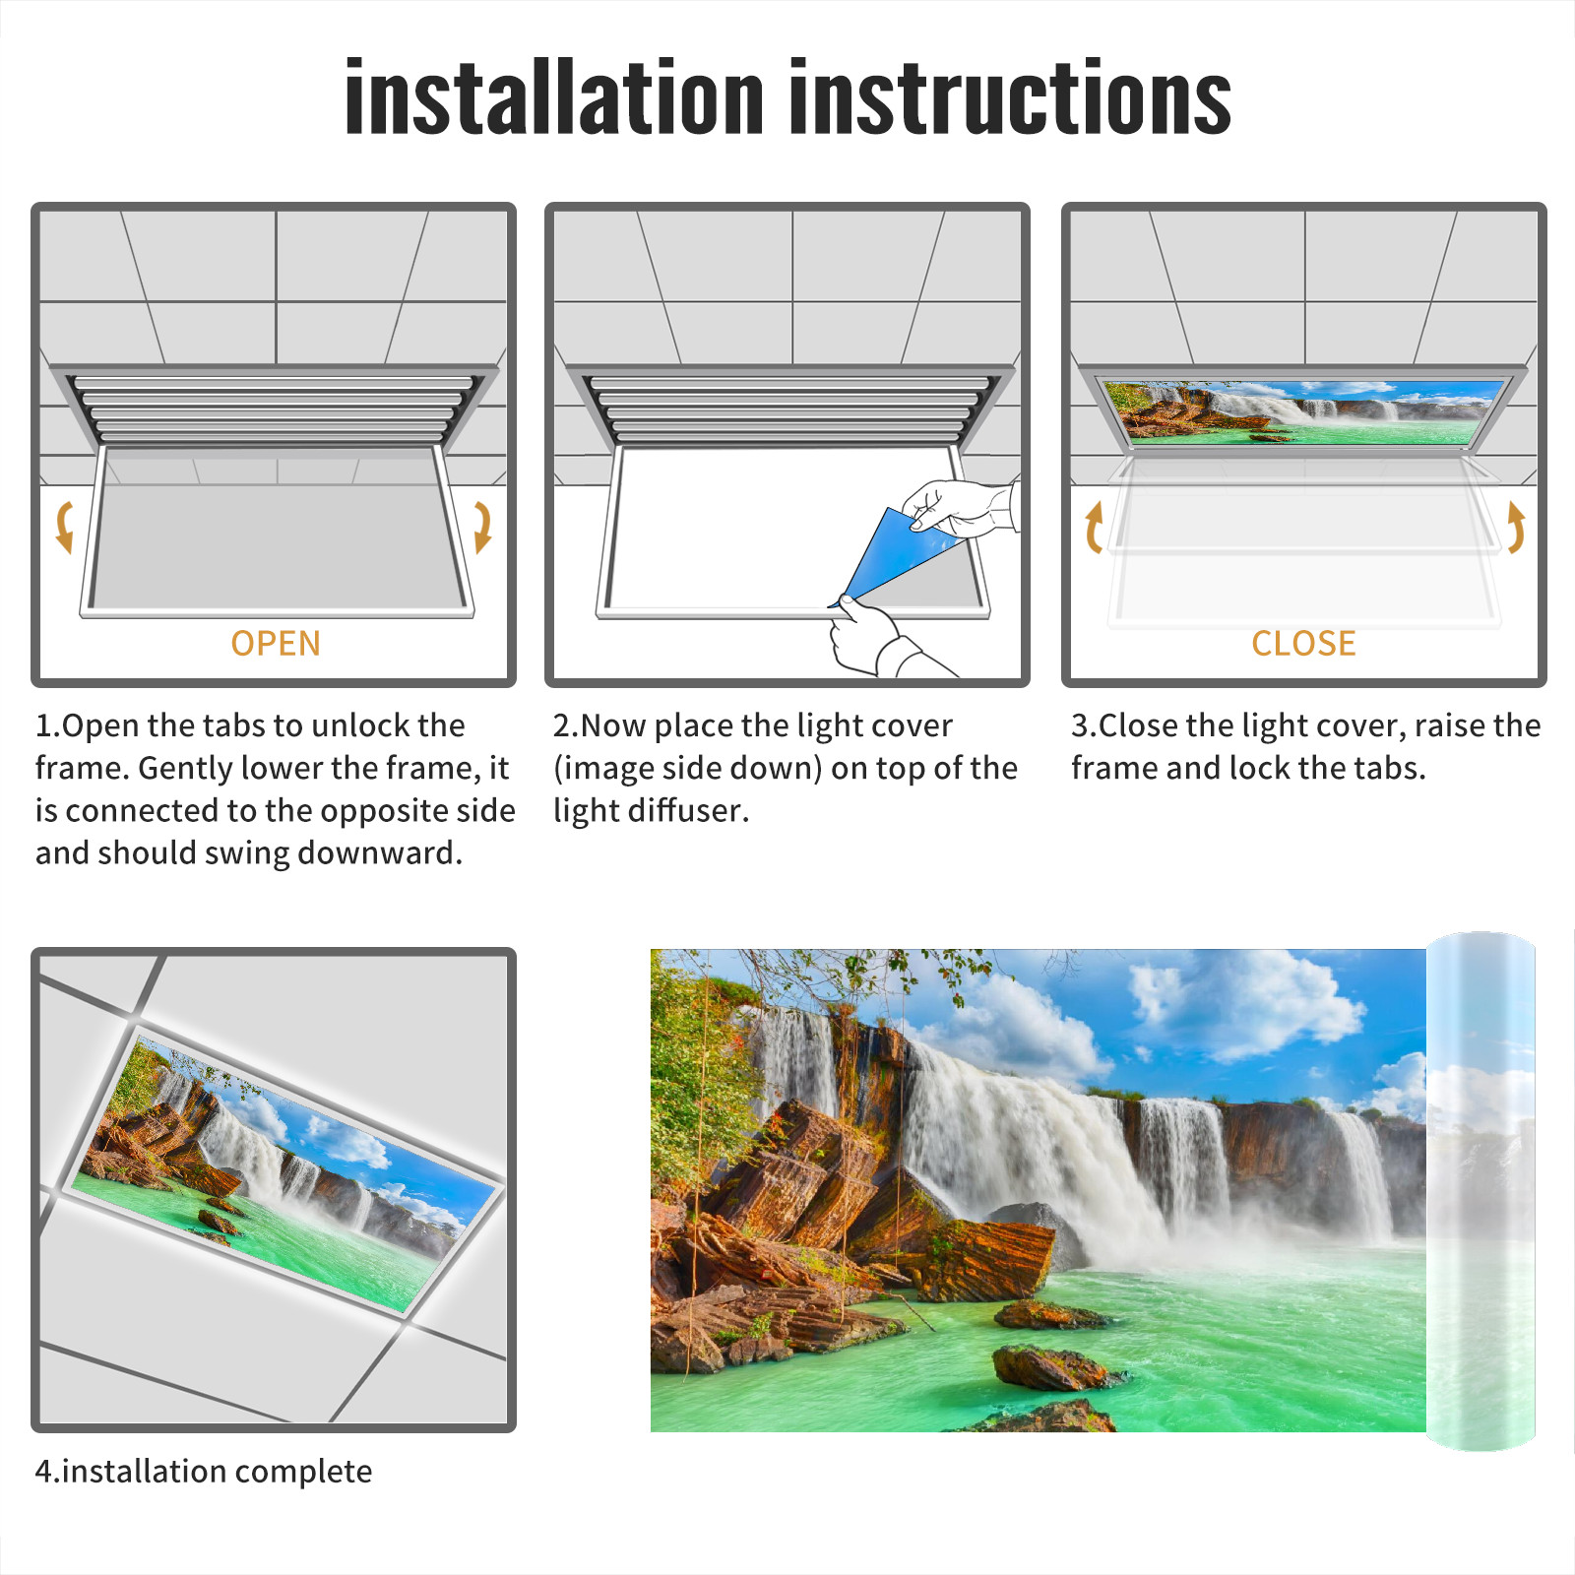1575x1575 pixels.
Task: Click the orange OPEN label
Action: point(276,643)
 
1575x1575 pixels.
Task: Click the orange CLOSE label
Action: point(1303,643)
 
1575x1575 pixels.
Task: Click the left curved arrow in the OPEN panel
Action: point(64,527)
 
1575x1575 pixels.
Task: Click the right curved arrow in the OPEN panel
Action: point(482,527)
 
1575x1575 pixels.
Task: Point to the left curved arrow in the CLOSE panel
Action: point(1093,527)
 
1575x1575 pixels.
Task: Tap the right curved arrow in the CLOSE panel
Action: point(1516,527)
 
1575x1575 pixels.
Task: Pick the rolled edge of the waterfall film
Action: point(1480,1191)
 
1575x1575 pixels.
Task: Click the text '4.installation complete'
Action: point(204,1472)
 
